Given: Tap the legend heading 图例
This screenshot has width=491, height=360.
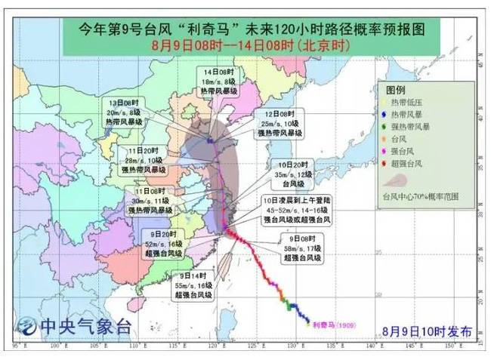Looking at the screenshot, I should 397,89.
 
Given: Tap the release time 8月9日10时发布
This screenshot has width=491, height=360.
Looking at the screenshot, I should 427,331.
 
